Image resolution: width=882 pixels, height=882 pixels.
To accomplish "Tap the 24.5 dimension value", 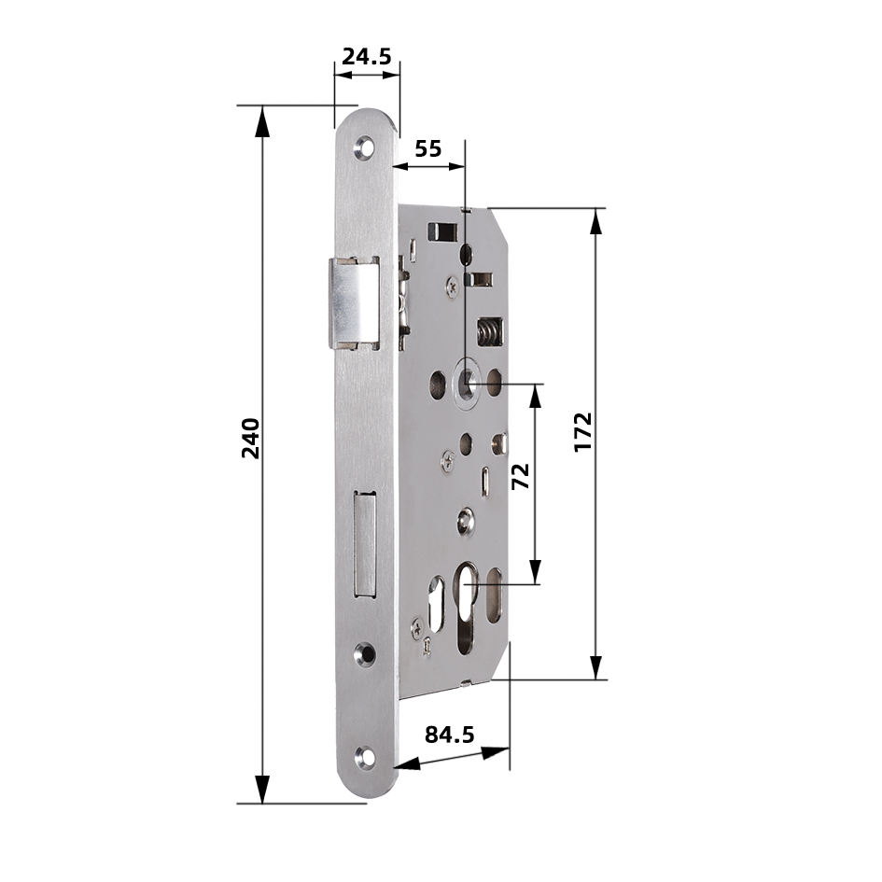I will pos(366,56).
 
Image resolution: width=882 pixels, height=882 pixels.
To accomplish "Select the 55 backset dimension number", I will pos(428,148).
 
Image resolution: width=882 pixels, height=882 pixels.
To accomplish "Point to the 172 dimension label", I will pos(583,432).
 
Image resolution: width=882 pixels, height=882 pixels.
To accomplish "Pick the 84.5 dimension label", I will pos(450,734).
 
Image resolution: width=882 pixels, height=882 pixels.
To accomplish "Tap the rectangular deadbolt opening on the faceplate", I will pos(365,543).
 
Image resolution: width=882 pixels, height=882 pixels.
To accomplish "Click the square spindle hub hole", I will pos(466,383).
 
